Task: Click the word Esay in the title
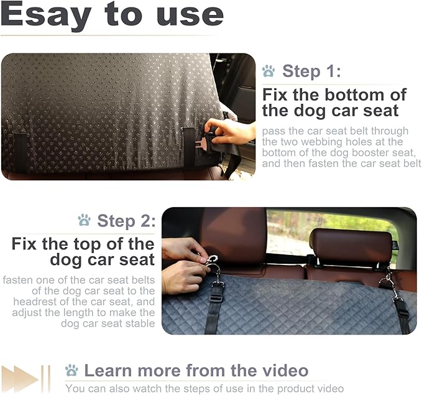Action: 47,16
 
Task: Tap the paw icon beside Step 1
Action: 268,71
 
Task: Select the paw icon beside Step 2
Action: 84,220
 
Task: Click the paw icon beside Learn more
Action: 71,371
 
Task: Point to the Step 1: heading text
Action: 311,71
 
